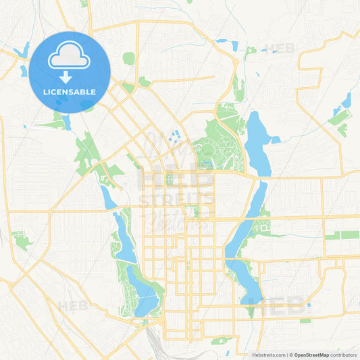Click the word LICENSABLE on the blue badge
pyautogui.click(x=70, y=91)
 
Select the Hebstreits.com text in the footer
pyautogui.click(x=269, y=355)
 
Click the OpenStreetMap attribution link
pyautogui.click(x=311, y=355)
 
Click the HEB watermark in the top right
pyautogui.click(x=280, y=49)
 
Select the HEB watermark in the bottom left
pyautogui.click(x=73, y=305)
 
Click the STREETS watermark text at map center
pyautogui.click(x=176, y=199)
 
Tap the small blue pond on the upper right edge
pyautogui.click(x=346, y=101)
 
